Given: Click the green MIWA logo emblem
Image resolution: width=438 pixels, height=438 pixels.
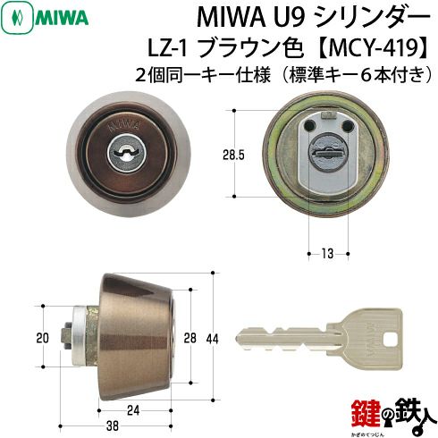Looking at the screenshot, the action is click(17, 18).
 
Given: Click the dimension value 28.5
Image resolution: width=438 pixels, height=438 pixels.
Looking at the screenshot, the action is click(233, 156).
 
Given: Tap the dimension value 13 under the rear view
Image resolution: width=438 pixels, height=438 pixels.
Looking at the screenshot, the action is click(327, 254).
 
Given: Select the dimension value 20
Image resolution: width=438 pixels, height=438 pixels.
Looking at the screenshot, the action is click(42, 338).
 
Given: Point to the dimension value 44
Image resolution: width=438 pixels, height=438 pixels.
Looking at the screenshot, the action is click(212, 339).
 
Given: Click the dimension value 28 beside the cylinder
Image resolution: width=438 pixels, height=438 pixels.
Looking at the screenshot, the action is click(190, 338).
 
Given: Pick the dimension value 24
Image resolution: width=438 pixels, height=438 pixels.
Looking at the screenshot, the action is click(133, 410).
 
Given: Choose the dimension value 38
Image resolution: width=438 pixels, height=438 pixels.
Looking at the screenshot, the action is click(113, 425).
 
